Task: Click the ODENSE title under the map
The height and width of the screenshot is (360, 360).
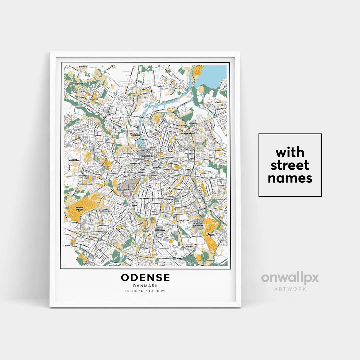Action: [145, 277]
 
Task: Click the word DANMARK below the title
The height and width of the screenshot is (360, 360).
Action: [145, 285]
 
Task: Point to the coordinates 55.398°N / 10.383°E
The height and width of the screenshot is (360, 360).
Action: [145, 291]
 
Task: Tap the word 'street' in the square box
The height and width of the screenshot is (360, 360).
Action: [290, 165]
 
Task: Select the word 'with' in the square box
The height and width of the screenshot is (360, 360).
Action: [290, 153]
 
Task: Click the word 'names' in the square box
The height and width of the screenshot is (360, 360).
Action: [290, 178]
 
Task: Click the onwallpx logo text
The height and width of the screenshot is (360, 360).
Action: [290, 278]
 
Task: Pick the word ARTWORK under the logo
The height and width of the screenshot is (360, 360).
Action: [290, 289]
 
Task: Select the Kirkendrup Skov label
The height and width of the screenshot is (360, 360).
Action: [78, 84]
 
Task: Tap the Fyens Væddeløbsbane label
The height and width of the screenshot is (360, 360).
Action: [106, 210]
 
